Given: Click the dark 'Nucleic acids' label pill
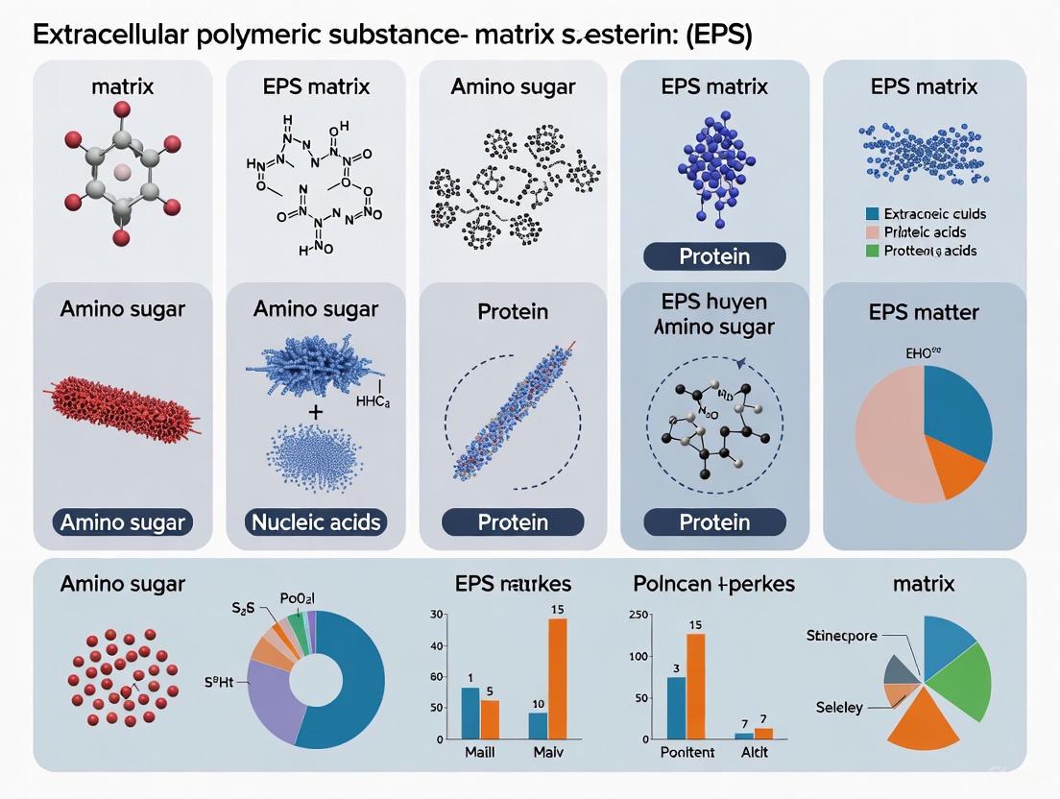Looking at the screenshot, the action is tap(316, 522).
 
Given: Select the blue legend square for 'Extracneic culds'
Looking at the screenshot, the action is tap(872, 214).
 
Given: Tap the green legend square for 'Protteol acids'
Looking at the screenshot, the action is tap(872, 251).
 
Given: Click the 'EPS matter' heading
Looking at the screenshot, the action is tap(924, 311).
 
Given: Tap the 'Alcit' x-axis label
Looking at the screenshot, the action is tap(754, 752).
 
